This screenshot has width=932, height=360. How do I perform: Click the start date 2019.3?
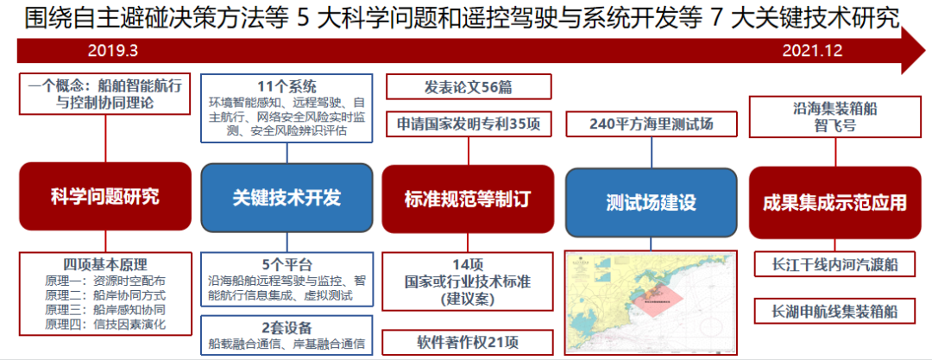coord(112,51)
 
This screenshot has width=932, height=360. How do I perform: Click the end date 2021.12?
coord(812,51)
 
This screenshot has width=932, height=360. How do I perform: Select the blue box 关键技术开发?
coord(287,198)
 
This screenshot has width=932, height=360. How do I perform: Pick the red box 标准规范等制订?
coord(467,199)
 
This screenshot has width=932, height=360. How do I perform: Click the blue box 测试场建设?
coord(651,204)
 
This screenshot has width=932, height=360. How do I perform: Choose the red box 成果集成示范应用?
coord(834,203)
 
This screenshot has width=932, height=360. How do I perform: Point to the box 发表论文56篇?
coord(467,87)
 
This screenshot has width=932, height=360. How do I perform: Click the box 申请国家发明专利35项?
coord(467,123)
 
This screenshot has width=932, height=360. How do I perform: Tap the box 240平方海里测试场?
coord(652,124)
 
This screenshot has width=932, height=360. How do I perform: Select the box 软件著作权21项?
coord(467,341)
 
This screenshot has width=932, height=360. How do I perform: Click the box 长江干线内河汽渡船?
coord(834,264)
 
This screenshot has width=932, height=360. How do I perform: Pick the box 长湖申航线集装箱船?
coord(834,310)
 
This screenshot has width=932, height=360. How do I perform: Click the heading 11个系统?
coord(287,86)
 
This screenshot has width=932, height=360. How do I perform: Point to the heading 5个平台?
coord(287,264)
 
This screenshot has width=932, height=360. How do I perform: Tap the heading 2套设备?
coord(287,326)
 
